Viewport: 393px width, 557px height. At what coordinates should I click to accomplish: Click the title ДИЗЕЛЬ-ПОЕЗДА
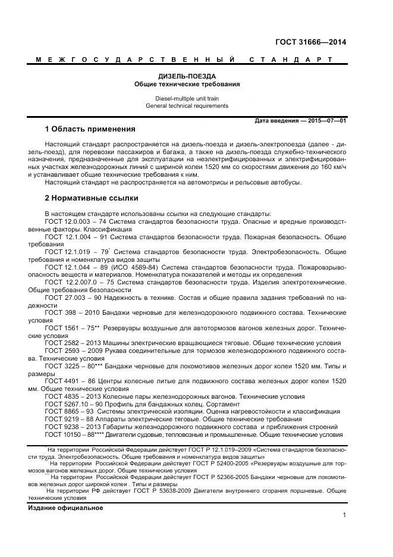[x=187, y=77]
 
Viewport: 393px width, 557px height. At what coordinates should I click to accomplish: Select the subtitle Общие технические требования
[x=187, y=85]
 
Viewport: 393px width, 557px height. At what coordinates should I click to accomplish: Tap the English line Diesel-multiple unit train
[x=187, y=98]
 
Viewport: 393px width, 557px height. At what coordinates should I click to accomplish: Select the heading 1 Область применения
[x=90, y=129]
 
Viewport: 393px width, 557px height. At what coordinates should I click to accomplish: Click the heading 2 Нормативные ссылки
[x=91, y=198]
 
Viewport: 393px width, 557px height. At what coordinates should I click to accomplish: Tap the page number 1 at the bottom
[x=344, y=515]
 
